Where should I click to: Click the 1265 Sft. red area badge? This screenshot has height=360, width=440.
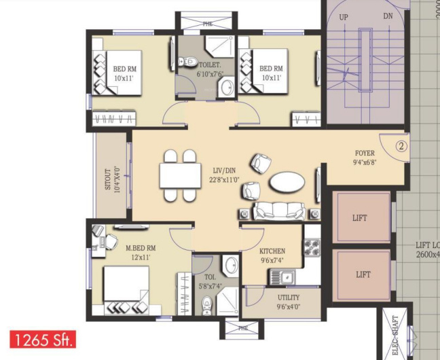[42, 338]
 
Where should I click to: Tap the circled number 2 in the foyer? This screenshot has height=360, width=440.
[401, 145]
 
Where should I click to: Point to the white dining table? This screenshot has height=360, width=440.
[180, 176]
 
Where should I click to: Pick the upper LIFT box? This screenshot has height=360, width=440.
[360, 218]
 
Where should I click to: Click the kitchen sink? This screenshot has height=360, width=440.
[282, 276]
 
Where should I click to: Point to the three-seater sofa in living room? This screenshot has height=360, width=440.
[280, 211]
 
